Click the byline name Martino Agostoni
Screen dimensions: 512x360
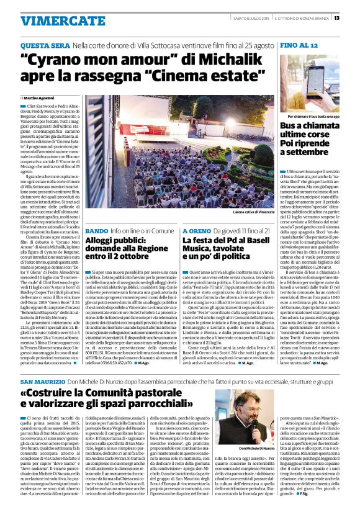tap(40, 98)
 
